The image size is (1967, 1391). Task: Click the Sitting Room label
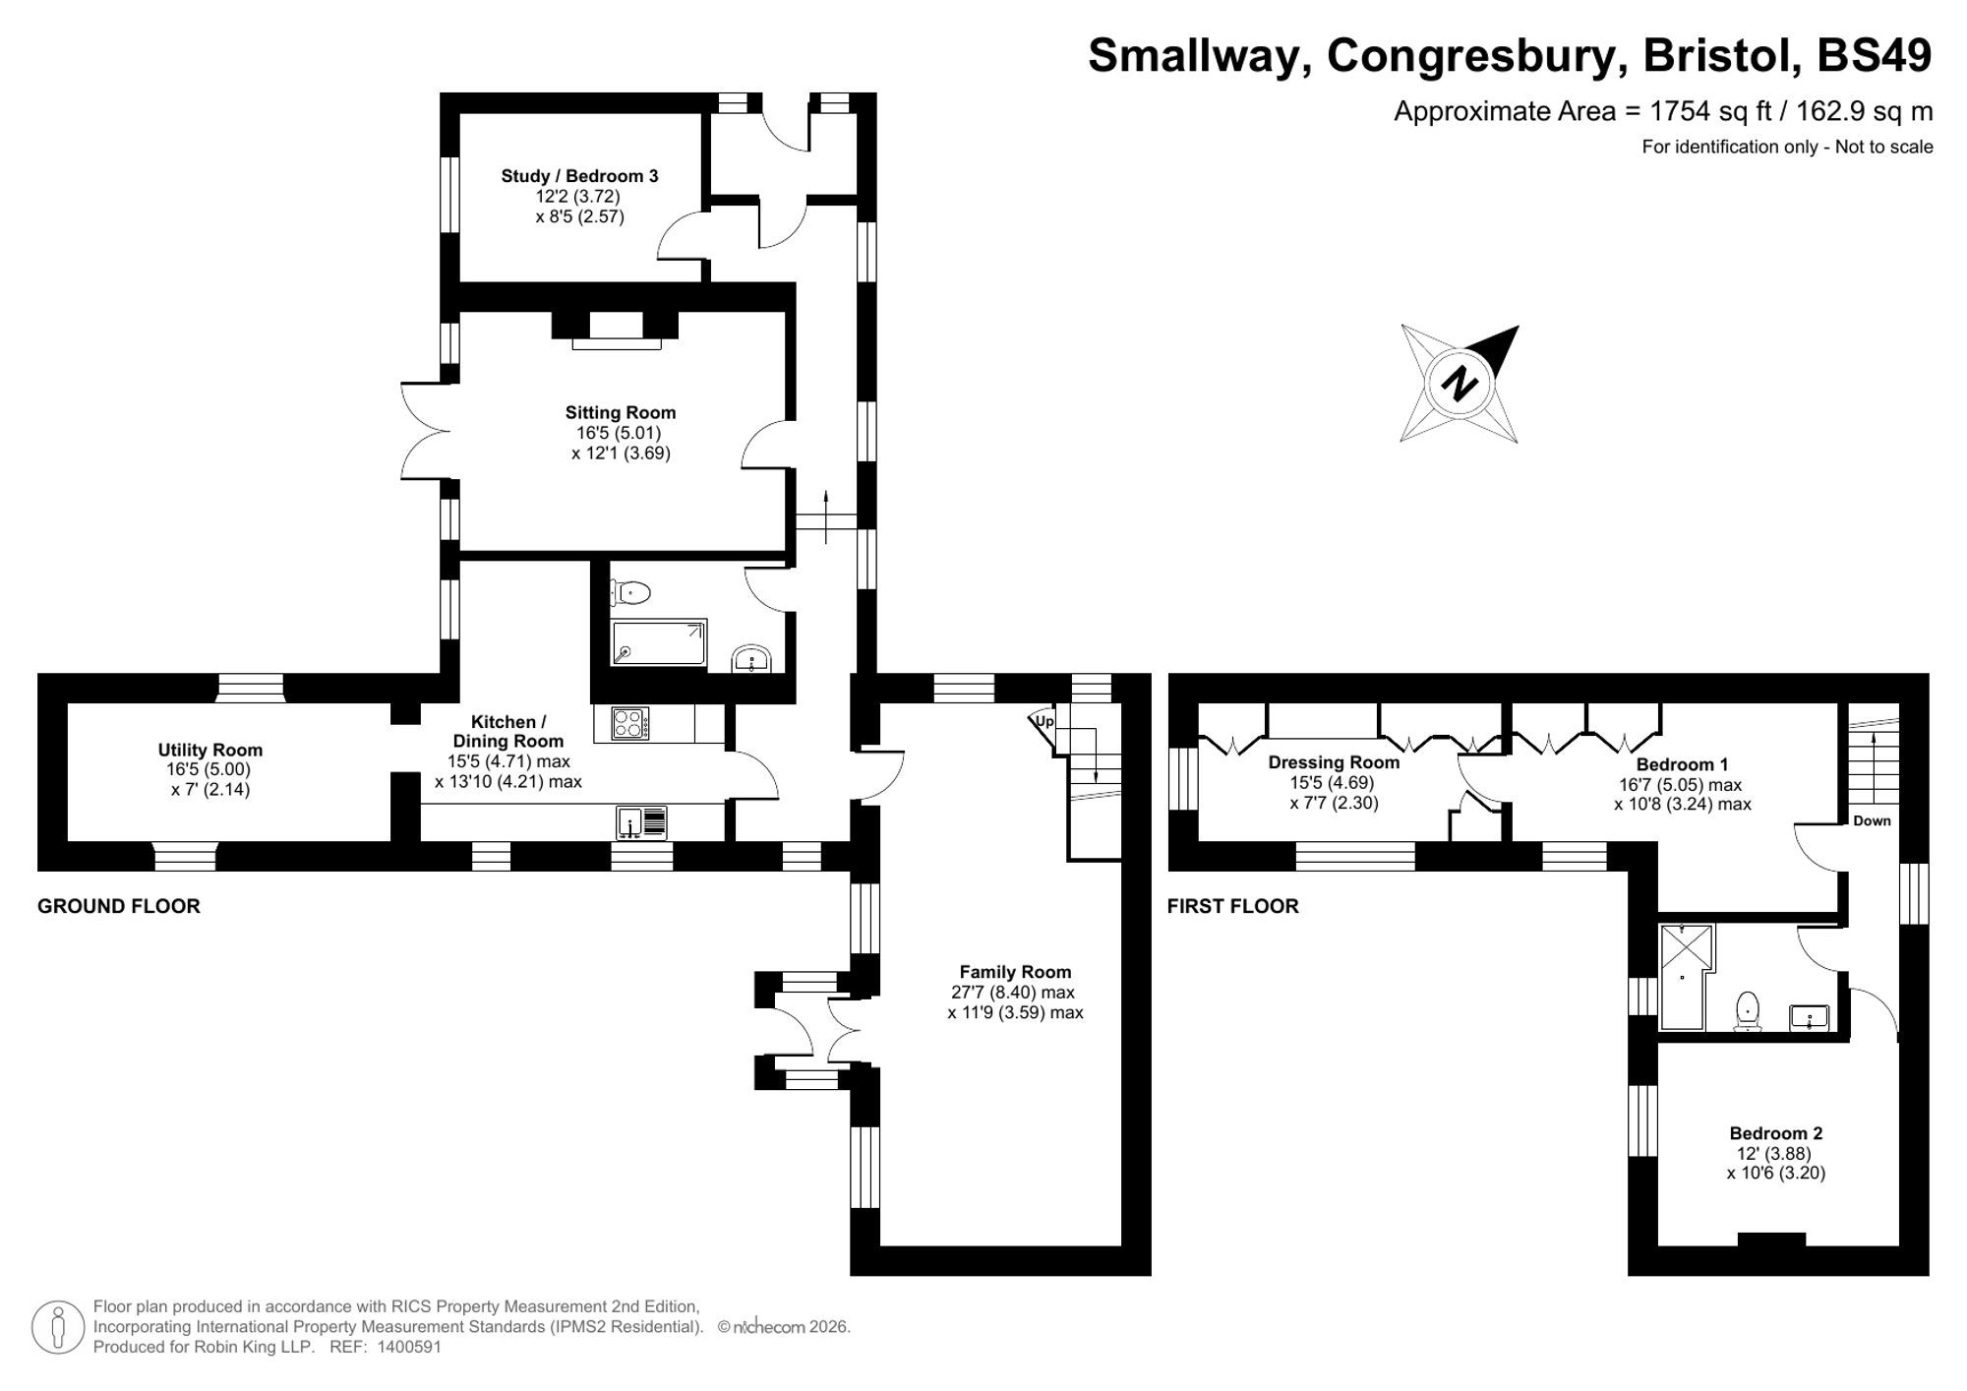coord(620,413)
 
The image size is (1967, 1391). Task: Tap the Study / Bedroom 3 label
coord(579,176)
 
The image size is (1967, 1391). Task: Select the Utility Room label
coord(209,750)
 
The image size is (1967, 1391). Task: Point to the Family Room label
coord(1015,972)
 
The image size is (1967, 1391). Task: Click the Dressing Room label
coord(1333,762)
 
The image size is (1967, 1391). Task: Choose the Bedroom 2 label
coord(1775,1133)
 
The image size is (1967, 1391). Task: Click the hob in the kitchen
coord(629,724)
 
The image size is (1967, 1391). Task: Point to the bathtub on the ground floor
coord(658,643)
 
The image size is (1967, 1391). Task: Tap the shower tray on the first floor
coord(1684,976)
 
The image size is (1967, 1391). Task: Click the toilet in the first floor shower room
coord(1747,1010)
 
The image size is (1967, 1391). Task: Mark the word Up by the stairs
coord(1044,721)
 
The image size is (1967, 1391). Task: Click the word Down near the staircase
coord(1872,820)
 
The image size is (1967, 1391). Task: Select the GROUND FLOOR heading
coord(119,906)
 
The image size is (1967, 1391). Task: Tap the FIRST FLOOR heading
coord(1232,906)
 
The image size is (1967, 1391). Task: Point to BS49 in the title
coord(1874,56)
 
